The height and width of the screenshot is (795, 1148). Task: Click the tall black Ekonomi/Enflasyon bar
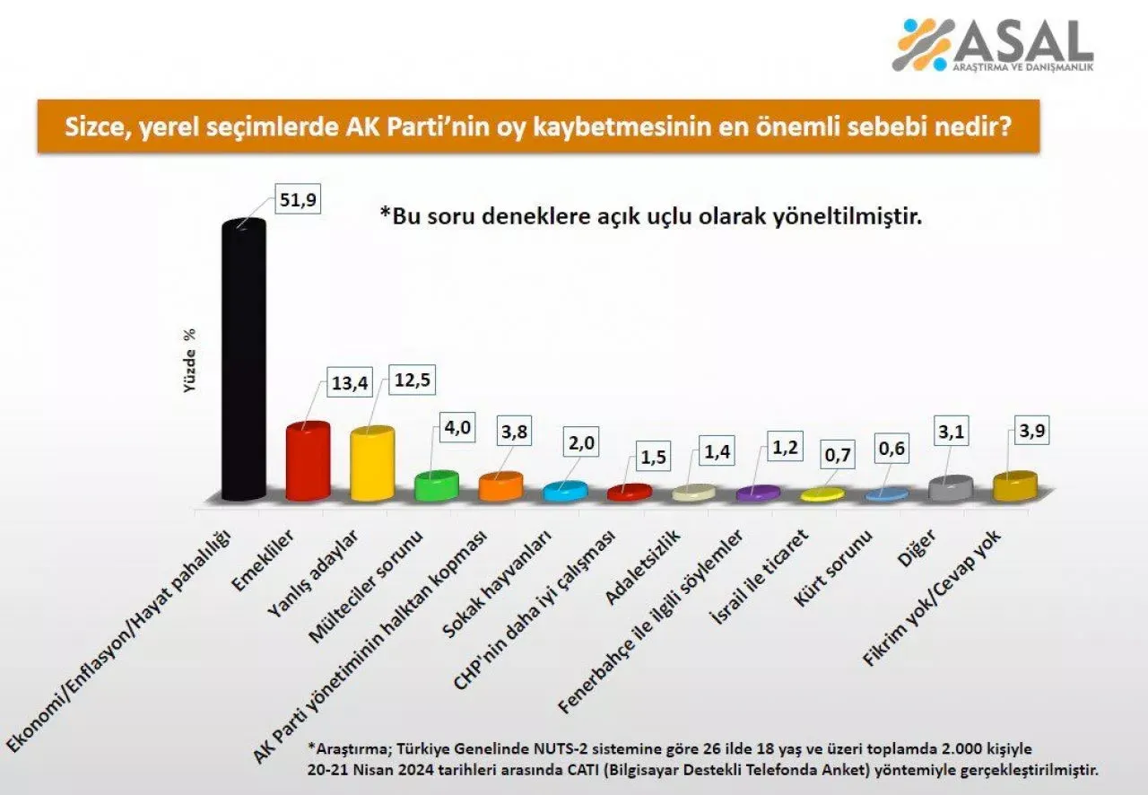pos(243,359)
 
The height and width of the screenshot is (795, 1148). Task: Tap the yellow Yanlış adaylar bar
pos(371,464)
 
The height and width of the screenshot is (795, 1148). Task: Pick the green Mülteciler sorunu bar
pos(436,485)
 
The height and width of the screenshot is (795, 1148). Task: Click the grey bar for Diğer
pos(951,488)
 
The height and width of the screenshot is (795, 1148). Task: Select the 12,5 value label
pos(412,381)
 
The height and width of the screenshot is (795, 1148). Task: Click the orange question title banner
pos(537,127)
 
